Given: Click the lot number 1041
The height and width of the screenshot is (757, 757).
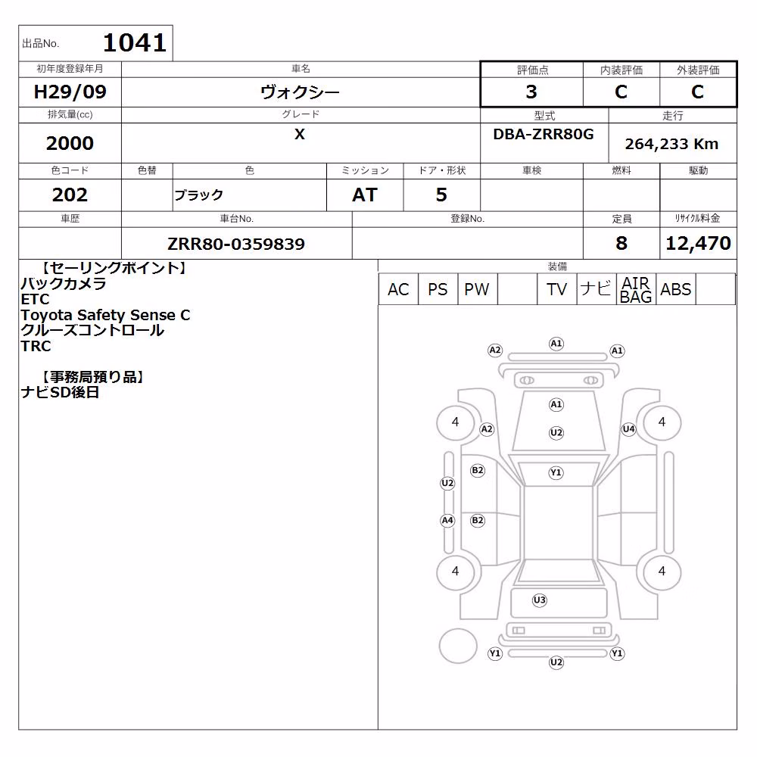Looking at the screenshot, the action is [x=135, y=42].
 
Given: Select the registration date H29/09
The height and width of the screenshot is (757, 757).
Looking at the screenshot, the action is [x=70, y=92].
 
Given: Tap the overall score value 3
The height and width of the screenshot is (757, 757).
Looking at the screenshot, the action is [x=531, y=92].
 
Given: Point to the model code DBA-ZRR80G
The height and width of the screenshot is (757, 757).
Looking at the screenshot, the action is [x=543, y=134].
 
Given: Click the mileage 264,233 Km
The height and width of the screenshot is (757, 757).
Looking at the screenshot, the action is [x=671, y=144].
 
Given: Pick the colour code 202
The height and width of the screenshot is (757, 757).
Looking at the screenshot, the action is [x=70, y=195].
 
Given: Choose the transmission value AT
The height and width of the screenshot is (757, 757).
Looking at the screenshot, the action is [x=365, y=195].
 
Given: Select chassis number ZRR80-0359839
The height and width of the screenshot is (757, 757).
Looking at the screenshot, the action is [x=236, y=244].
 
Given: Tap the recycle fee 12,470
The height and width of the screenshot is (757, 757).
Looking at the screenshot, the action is [x=698, y=243].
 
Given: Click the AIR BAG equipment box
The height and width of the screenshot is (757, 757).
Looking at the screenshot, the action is [x=636, y=289].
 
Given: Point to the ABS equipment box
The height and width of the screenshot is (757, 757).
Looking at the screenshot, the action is [x=675, y=289].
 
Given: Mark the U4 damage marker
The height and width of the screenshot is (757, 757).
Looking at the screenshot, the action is [x=628, y=428].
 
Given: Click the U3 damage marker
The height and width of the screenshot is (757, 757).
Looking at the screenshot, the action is [x=539, y=600].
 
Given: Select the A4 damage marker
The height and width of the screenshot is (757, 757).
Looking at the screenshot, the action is [x=447, y=521].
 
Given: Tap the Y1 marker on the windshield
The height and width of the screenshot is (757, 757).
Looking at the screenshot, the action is [x=556, y=472].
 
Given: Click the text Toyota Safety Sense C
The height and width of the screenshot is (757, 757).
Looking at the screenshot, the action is [x=105, y=315].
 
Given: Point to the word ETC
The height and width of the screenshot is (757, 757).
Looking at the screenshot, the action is [x=36, y=299].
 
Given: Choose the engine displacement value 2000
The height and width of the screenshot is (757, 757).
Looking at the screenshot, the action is [x=70, y=143].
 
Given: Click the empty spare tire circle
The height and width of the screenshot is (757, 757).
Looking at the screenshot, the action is [x=458, y=646].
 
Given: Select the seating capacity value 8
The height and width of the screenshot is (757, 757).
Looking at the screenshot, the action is [x=621, y=243].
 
